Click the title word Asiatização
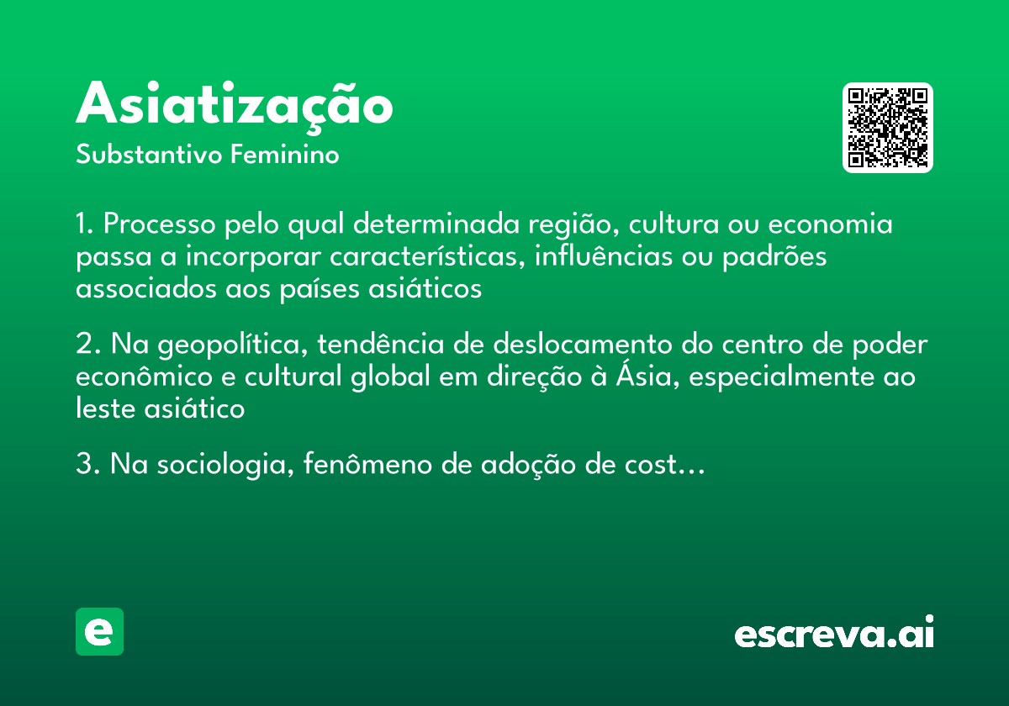(235, 105)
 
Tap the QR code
(888, 128)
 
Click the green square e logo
(99, 631)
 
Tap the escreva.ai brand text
(834, 634)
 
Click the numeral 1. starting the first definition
(86, 225)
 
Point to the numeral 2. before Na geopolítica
(87, 345)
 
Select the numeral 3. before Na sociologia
(87, 465)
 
